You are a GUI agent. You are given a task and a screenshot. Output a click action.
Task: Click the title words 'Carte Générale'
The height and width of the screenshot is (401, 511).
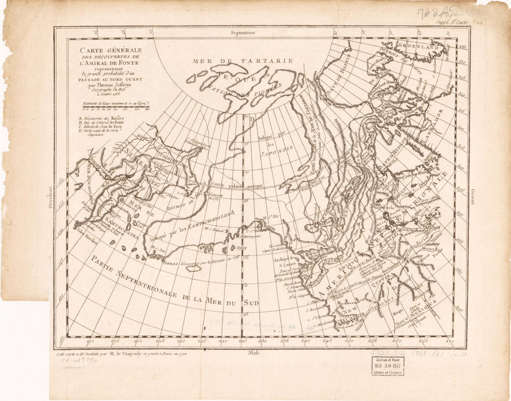click(x=111, y=50)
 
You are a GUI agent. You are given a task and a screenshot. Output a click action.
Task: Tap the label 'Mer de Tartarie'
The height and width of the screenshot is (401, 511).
click(x=243, y=60)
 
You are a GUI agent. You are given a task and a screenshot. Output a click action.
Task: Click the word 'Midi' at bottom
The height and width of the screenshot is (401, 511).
click(x=253, y=353)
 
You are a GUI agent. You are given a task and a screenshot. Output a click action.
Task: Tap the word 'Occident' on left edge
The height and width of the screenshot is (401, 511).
click(x=51, y=198)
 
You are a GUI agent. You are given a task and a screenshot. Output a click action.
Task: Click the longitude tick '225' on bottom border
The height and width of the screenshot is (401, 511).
click(x=242, y=341)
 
